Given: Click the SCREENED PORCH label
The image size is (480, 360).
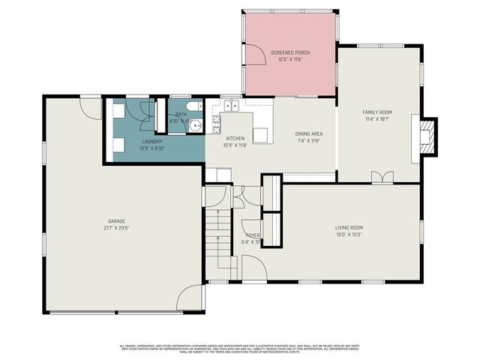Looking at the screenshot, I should pyautogui.click(x=290, y=52).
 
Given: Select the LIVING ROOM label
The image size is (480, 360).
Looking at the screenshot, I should pyautogui.click(x=349, y=228).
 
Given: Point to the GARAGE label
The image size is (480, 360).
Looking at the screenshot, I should pyautogui.click(x=115, y=221).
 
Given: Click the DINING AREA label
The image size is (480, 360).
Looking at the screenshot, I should pyautogui.click(x=308, y=133).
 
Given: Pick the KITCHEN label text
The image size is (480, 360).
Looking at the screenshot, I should pyautogui.click(x=235, y=139).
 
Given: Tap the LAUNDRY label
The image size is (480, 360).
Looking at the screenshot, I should pyautogui.click(x=152, y=142).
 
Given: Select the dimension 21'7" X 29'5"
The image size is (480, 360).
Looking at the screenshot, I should pyautogui.click(x=115, y=228).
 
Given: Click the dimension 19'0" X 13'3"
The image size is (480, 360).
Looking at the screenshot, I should pyautogui.click(x=349, y=235).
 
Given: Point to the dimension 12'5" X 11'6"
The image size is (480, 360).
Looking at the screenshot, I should pyautogui.click(x=290, y=59).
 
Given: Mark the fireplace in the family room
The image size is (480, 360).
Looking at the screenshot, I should pyautogui.click(x=426, y=137).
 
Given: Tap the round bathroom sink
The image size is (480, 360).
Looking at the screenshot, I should pyautogui.click(x=196, y=124).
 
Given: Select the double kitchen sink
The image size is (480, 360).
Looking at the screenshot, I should pyautogui.click(x=230, y=106).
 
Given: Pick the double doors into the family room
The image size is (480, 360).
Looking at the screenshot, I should pyautogui.click(x=382, y=177).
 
